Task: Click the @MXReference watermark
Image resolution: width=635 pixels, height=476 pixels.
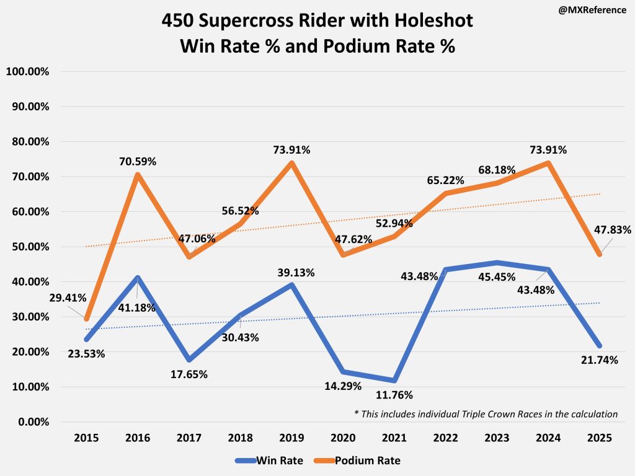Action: [x=592, y=11]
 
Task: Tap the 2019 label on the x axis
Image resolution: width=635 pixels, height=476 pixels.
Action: [x=291, y=438]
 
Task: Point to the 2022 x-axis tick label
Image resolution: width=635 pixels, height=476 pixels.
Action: [x=446, y=438]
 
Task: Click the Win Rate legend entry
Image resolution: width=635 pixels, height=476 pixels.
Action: [x=266, y=461]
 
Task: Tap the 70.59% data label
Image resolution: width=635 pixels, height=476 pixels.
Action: [x=138, y=162]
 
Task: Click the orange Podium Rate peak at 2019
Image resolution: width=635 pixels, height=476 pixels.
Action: [x=291, y=163]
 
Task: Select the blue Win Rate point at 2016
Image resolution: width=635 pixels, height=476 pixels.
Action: [x=137, y=278]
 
